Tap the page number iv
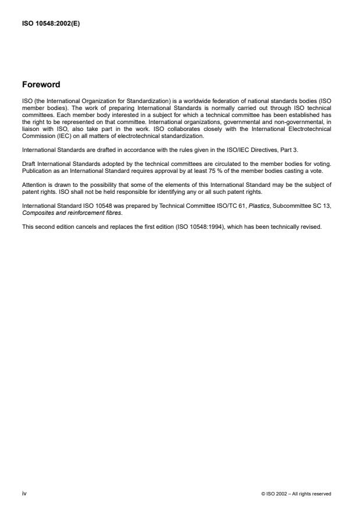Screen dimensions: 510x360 pyautogui.click(x=24, y=494)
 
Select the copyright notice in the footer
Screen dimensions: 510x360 pyautogui.click(x=297, y=494)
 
